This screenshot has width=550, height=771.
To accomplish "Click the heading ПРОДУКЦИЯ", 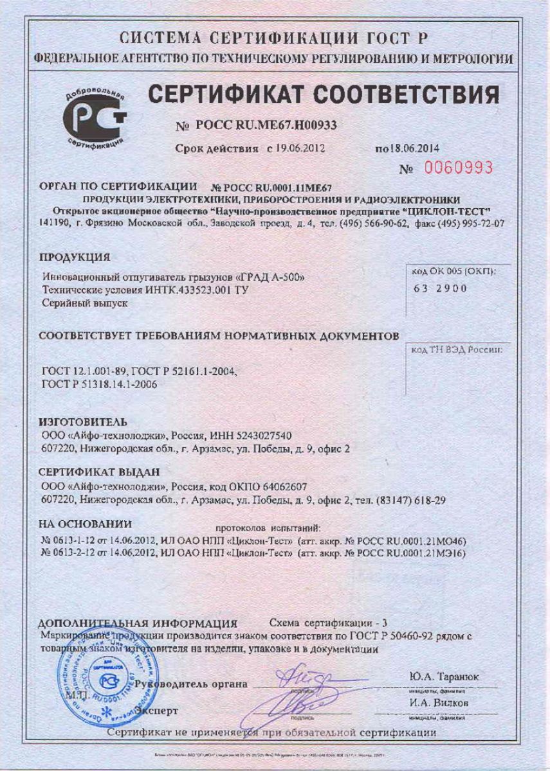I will coord(74,258).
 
